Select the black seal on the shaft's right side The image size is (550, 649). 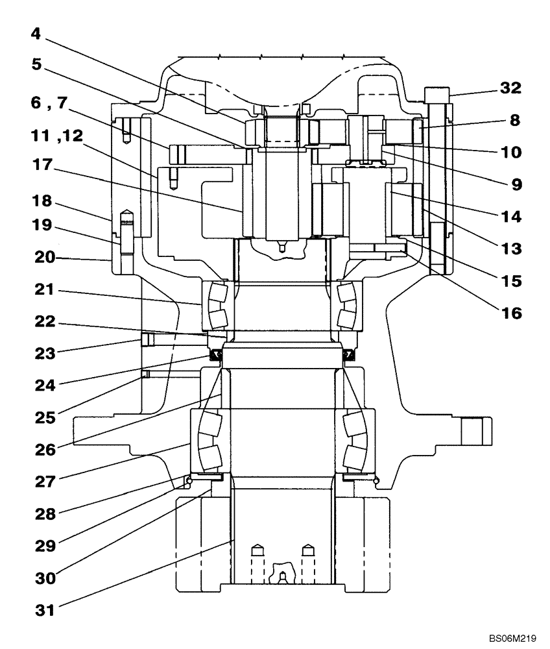tap(349, 354)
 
